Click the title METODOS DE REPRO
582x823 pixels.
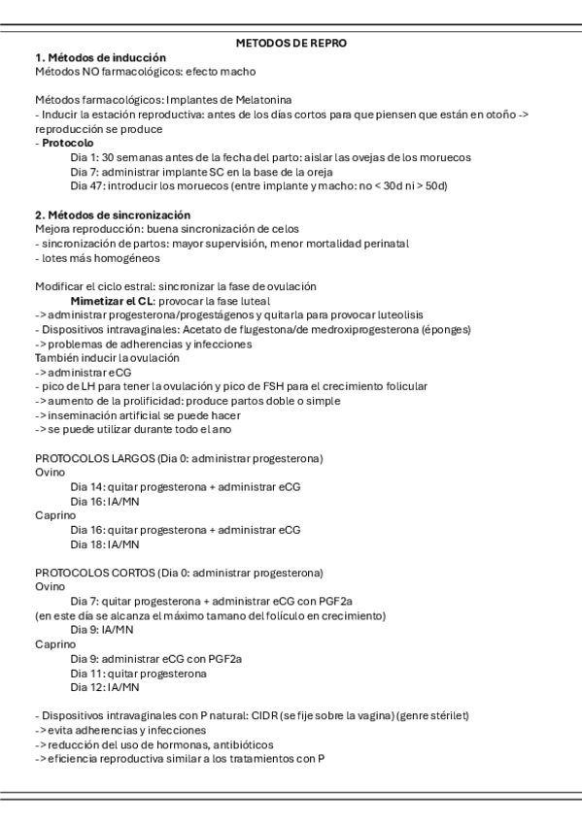[291, 44]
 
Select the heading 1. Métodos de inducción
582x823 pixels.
[100, 58]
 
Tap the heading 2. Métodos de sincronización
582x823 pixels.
[113, 214]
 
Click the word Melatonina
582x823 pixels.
[291, 100]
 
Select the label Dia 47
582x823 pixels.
[87, 185]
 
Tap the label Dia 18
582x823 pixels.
[87, 544]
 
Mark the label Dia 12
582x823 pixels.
[87, 687]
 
